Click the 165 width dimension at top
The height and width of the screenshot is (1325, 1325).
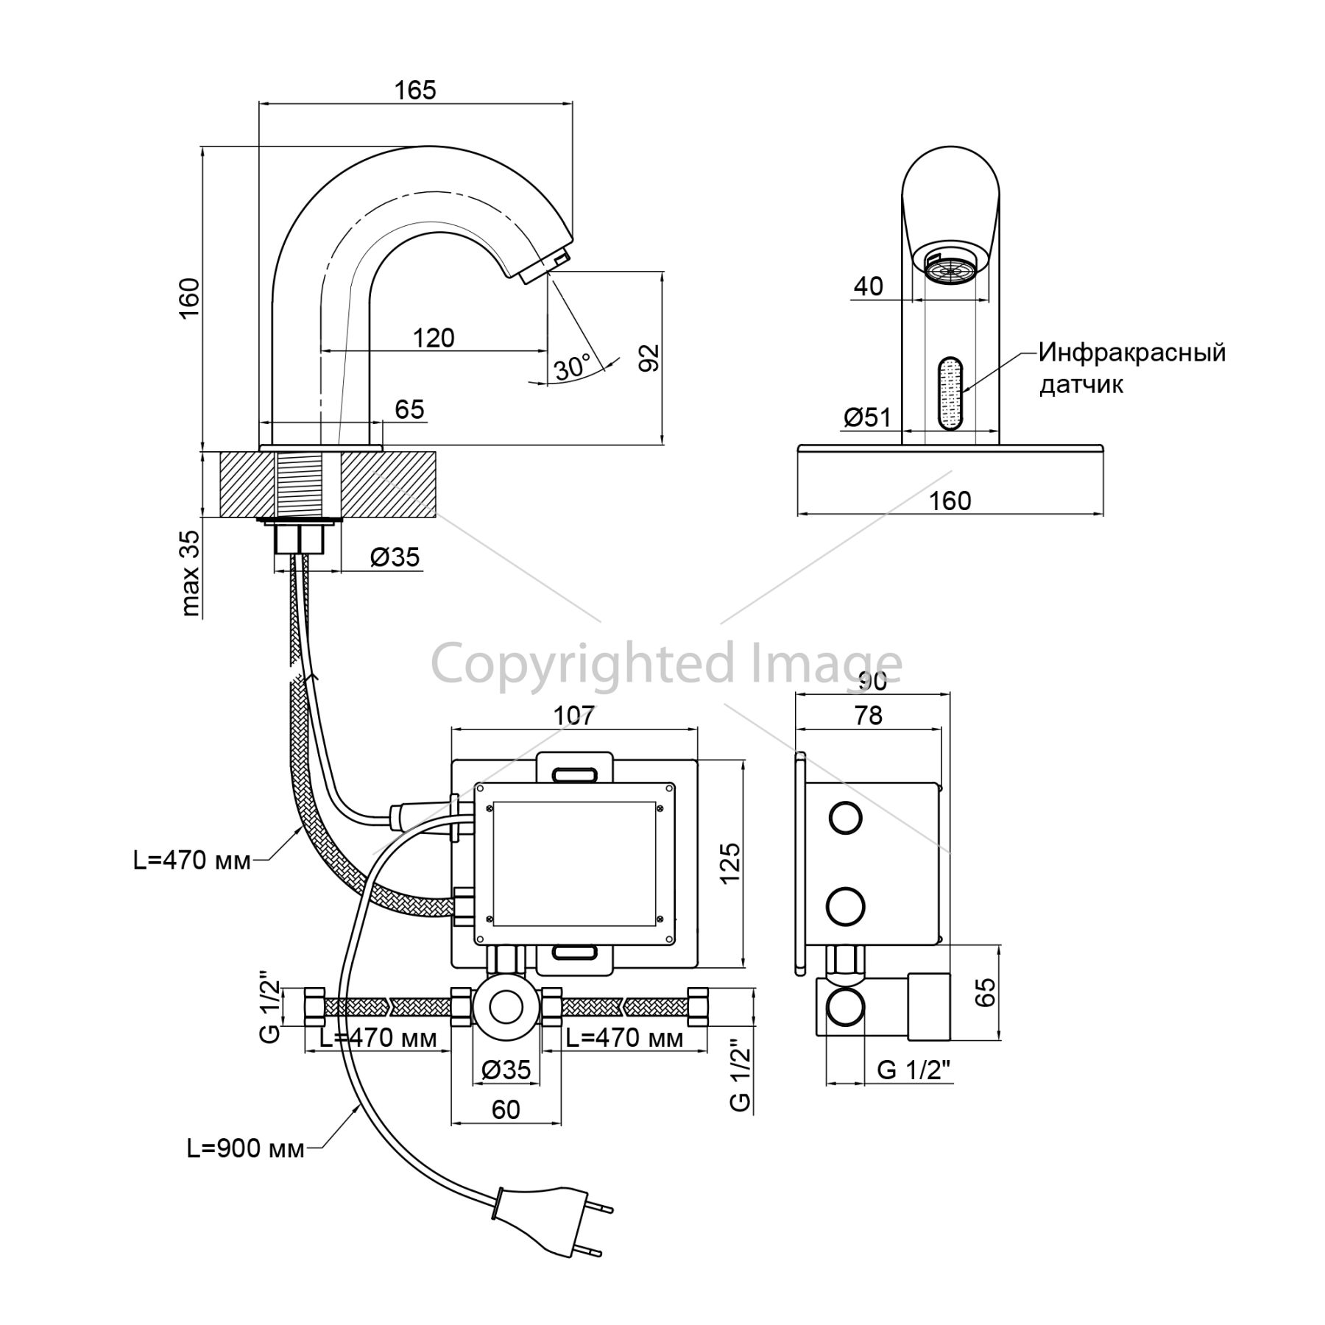tap(415, 90)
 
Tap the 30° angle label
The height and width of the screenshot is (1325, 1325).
tap(573, 367)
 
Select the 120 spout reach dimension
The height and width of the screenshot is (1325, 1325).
tap(434, 338)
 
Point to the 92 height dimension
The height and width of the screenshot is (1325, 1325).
tap(649, 358)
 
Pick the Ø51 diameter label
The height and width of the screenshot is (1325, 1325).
tap(867, 418)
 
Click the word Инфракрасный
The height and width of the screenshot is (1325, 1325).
tap(1132, 353)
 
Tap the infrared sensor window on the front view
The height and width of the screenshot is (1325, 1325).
tap(950, 393)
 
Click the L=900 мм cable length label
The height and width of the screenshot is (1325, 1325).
tap(245, 1149)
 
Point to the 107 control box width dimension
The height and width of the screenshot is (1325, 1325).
tap(573, 715)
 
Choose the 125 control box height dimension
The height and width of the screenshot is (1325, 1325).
tap(729, 863)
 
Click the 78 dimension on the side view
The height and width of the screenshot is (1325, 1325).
tap(869, 715)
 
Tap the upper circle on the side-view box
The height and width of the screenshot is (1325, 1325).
tap(846, 819)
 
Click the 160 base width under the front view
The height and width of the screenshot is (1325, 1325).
tap(950, 501)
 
